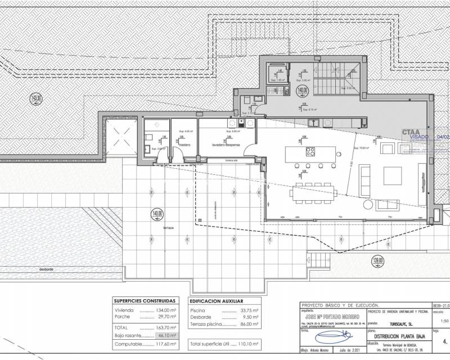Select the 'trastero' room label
pos(185,145)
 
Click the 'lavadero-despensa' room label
pos(226,145)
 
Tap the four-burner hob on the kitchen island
pos(310,151)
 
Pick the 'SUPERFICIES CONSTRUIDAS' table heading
pos(145,301)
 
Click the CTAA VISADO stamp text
pos(419,135)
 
